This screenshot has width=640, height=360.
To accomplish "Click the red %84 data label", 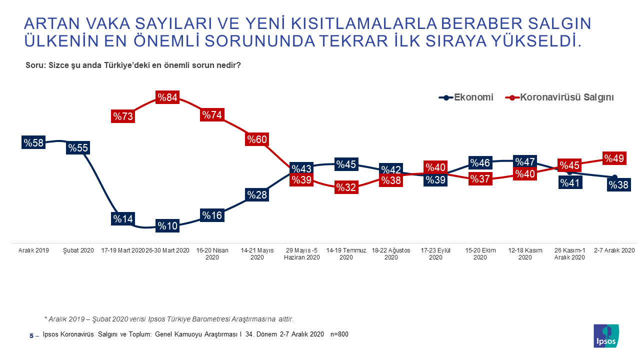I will (167, 97).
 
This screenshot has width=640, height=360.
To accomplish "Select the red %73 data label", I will (122, 116).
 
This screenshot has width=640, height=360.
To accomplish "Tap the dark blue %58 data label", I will (33, 142).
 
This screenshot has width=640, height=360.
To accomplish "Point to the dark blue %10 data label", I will (167, 225).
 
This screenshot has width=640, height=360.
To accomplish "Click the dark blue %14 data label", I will (122, 218).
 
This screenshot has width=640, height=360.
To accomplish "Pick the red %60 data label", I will (256, 139).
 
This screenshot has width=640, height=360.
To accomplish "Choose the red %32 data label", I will (346, 187).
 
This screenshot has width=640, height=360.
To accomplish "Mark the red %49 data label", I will (614, 158).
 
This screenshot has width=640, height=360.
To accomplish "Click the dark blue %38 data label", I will (618, 185).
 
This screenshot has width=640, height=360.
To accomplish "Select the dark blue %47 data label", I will (525, 161).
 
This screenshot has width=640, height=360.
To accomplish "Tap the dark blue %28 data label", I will (256, 194).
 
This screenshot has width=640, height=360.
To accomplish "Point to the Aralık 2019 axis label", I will (33, 250).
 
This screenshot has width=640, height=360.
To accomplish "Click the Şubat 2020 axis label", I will (78, 250).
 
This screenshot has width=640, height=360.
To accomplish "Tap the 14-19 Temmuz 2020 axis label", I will (346, 253).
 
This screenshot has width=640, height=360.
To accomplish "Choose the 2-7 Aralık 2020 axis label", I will (614, 250).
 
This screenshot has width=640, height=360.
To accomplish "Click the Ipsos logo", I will (606, 336).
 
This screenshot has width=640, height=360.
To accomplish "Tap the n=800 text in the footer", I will (340, 334).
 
